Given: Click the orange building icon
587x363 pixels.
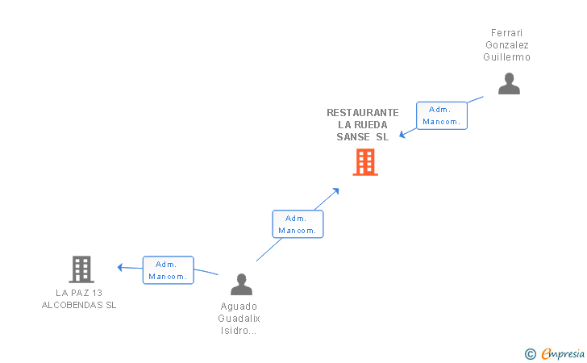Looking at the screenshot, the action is click(365, 162).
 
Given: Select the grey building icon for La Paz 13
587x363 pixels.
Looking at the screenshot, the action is click(81, 269).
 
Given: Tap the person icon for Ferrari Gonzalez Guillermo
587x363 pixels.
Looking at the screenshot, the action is click(509, 84).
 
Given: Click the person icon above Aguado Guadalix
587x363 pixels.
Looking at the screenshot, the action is click(241, 284).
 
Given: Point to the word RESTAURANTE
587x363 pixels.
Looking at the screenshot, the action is click(363, 113).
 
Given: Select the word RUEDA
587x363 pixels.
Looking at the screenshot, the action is click(372, 125).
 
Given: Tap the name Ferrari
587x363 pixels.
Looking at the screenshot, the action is click(507, 33).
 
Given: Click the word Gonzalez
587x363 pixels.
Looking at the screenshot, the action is click(507, 45).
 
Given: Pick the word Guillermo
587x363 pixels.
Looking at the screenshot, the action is click(507, 57).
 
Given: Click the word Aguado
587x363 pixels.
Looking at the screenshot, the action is click(239, 307).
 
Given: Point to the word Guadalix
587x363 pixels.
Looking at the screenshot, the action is click(239, 319).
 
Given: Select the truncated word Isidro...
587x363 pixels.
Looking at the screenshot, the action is click(239, 331).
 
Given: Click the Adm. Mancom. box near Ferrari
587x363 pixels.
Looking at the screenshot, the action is click(442, 115).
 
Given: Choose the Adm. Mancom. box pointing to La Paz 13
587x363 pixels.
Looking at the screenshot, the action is click(168, 270).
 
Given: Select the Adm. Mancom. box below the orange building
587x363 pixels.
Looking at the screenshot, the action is click(298, 224).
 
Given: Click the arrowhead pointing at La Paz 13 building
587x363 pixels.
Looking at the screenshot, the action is click(120, 267).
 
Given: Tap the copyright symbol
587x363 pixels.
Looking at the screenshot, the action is click(530, 353).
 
